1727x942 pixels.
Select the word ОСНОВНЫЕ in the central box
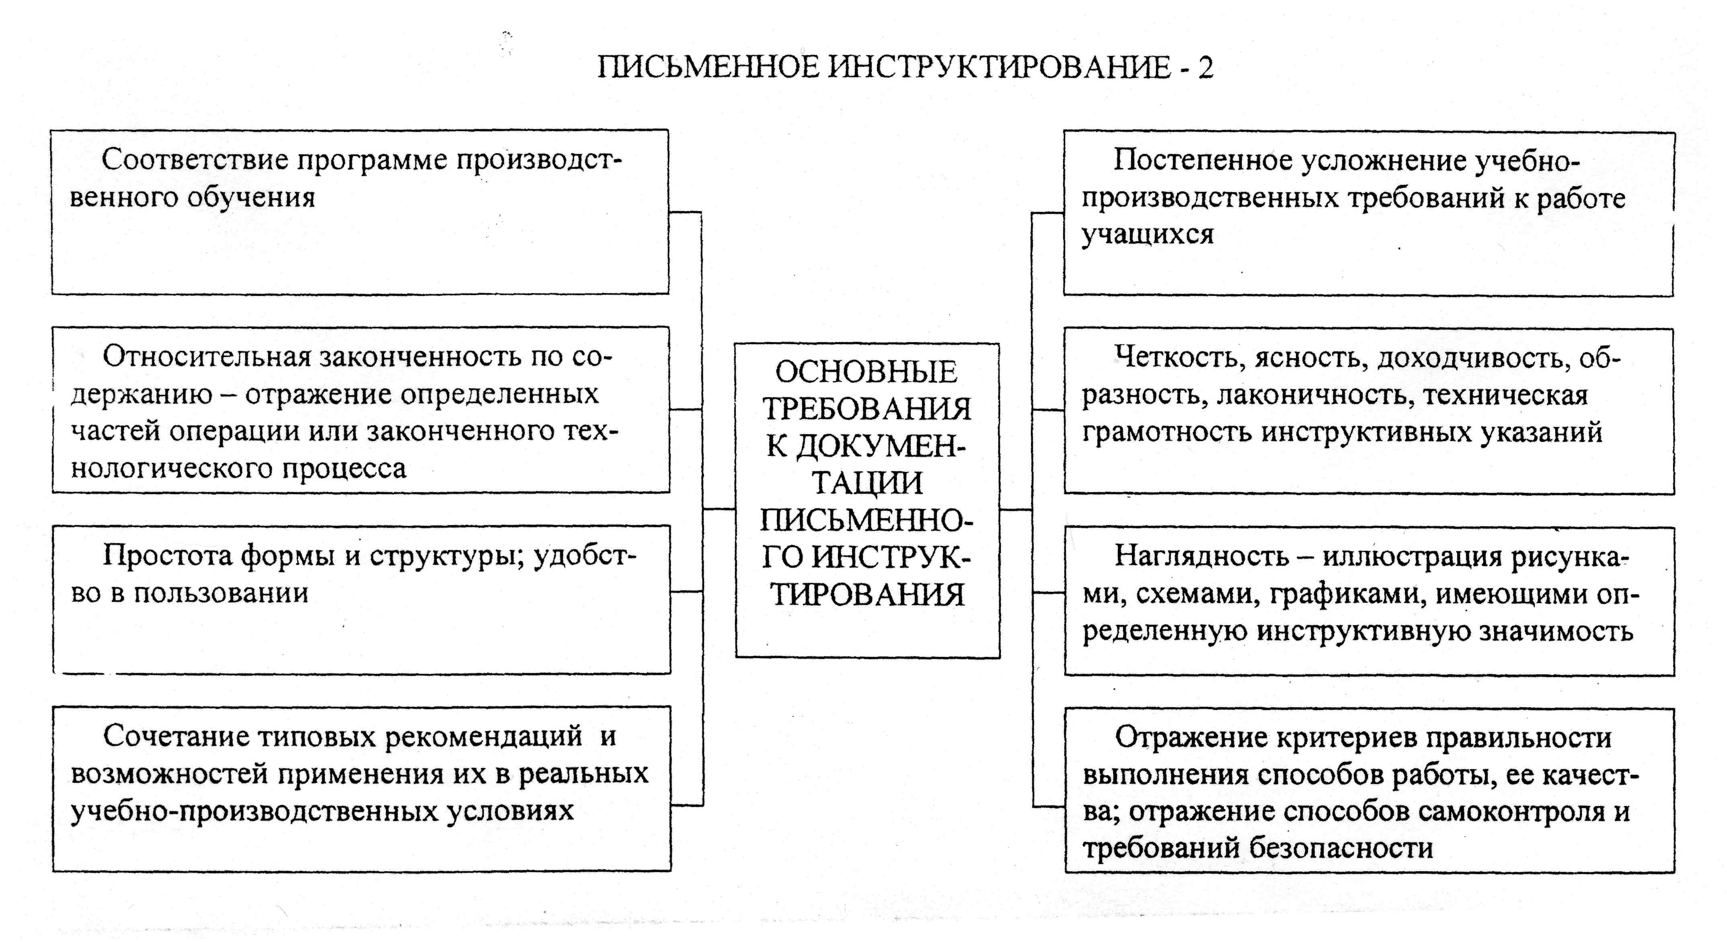coord(867,373)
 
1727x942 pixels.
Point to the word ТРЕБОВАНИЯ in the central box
coord(867,410)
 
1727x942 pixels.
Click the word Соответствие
coord(195,160)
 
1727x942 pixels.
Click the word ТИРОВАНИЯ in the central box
coord(867,595)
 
